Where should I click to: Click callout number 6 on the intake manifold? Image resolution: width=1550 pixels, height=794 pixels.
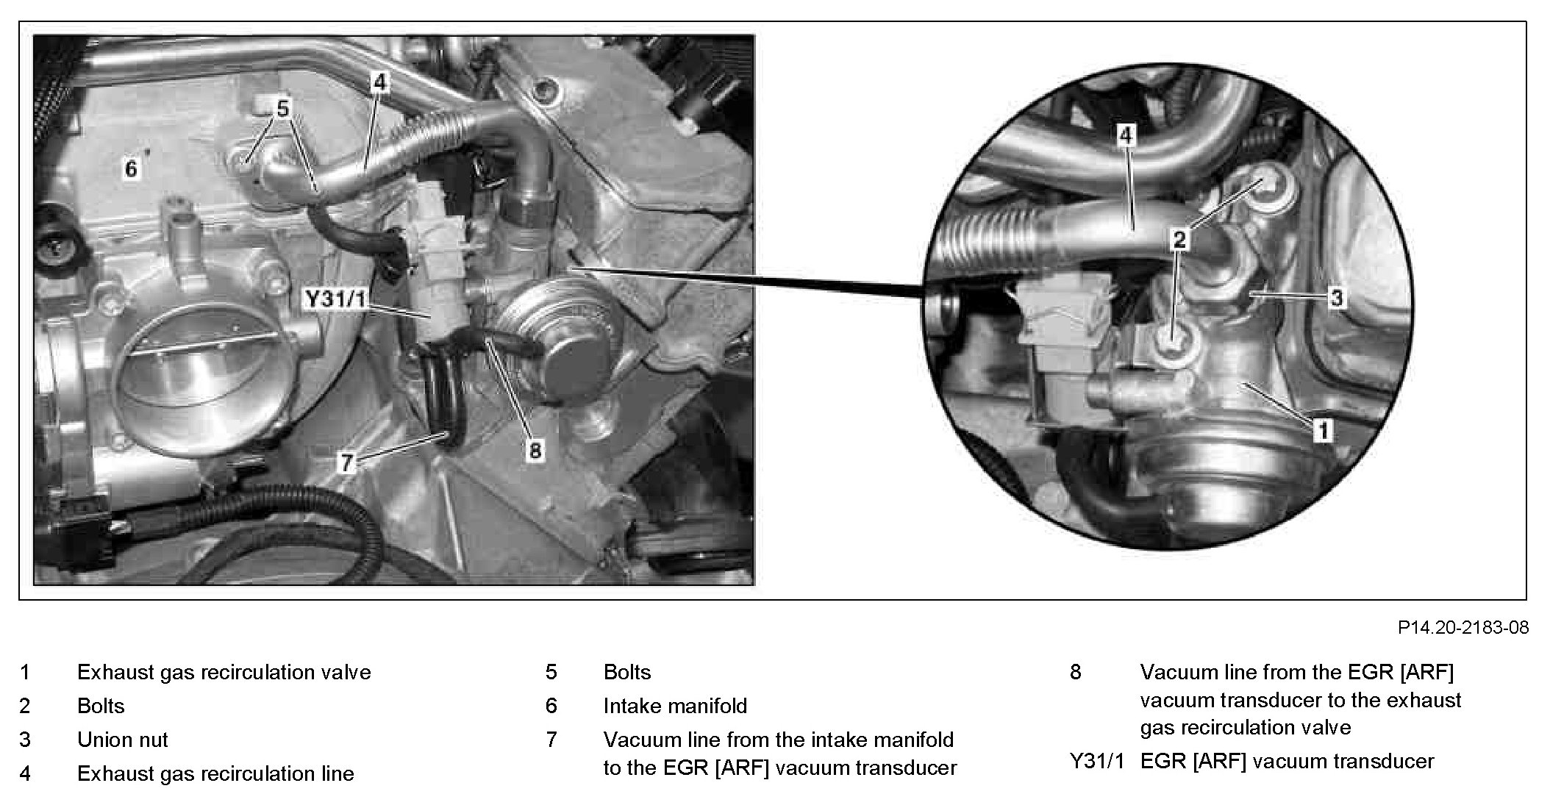(x=131, y=169)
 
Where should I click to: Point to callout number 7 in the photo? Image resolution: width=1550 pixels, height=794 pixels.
(x=346, y=462)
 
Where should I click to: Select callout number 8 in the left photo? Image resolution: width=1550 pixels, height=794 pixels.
(x=535, y=450)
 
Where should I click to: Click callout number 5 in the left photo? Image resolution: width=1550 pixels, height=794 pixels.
(x=283, y=109)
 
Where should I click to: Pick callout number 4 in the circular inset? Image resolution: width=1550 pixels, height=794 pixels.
(x=1126, y=135)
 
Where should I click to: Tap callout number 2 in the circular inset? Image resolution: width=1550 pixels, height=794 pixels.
(x=1179, y=239)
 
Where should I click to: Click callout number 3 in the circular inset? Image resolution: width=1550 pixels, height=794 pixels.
(x=1336, y=298)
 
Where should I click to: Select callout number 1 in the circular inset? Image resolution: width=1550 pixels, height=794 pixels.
(x=1322, y=430)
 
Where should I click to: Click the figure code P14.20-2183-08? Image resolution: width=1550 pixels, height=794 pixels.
(x=1463, y=627)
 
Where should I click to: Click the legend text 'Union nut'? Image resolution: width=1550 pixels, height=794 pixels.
(x=123, y=740)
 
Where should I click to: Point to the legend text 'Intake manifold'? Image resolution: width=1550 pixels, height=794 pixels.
(x=675, y=706)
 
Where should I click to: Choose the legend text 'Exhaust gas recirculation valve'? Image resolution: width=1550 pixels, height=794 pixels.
(x=224, y=672)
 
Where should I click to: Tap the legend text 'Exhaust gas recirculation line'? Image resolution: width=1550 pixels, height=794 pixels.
(x=215, y=773)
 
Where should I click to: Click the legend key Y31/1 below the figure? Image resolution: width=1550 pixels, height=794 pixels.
(x=1097, y=762)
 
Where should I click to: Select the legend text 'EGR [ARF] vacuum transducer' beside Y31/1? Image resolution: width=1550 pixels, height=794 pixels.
(x=1287, y=762)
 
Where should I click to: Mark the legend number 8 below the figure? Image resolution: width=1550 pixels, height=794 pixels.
(x=1076, y=672)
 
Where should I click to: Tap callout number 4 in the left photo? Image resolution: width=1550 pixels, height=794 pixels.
(x=379, y=82)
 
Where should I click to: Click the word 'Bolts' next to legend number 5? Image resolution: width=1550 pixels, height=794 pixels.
(x=627, y=672)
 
